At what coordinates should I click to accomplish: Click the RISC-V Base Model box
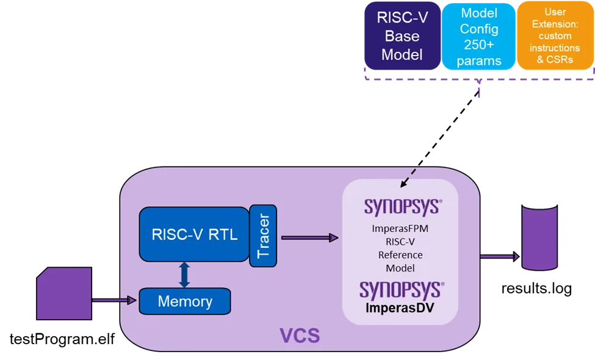tap(402, 36)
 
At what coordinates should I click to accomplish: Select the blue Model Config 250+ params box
tap(479, 37)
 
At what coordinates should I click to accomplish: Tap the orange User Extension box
tap(555, 37)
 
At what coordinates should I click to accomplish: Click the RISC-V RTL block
tap(195, 234)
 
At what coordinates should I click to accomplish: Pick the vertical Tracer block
tap(263, 236)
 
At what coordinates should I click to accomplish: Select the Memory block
tap(185, 301)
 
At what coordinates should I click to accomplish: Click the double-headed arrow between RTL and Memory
tap(184, 275)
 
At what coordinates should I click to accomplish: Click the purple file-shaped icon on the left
tap(64, 293)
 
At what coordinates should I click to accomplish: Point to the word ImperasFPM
tap(400, 229)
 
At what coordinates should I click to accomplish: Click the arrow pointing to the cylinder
tap(500, 256)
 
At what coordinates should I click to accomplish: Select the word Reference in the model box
tap(400, 255)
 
